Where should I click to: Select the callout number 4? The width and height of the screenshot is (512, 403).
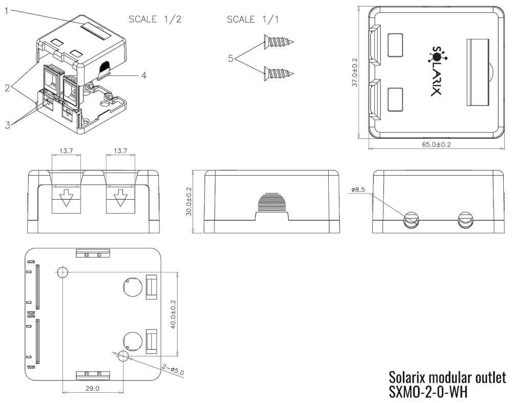(144, 75)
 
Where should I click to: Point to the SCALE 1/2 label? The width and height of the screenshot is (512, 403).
(155, 19)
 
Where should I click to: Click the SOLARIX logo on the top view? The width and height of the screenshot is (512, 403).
(436, 71)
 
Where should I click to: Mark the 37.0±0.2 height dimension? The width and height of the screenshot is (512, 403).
(355, 72)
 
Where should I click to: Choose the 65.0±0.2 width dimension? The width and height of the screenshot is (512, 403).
(437, 145)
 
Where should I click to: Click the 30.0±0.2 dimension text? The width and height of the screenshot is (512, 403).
(189, 202)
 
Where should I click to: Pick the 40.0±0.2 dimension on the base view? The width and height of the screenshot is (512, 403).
(173, 314)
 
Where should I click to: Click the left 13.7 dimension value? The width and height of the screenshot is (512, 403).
(66, 151)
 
